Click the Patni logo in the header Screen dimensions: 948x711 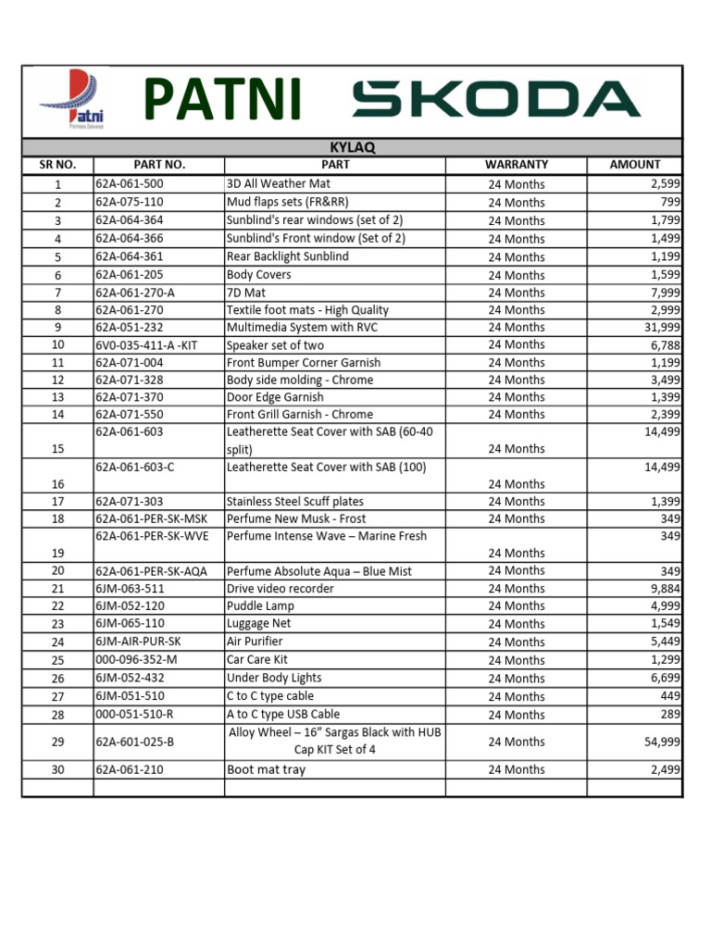click(72, 101)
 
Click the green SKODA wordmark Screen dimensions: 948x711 click(495, 100)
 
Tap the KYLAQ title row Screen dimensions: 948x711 click(352, 147)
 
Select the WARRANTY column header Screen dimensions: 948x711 click(516, 165)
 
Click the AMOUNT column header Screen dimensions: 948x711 click(634, 165)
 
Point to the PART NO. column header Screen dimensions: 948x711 click(159, 165)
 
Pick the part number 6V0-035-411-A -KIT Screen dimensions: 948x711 click(146, 344)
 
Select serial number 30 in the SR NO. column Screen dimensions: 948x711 click(57, 769)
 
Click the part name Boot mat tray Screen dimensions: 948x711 click(266, 769)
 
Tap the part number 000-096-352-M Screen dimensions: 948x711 click(136, 660)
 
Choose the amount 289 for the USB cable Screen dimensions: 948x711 click(668, 714)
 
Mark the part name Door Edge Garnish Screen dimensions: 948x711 click(275, 397)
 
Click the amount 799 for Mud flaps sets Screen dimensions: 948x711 click(668, 202)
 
